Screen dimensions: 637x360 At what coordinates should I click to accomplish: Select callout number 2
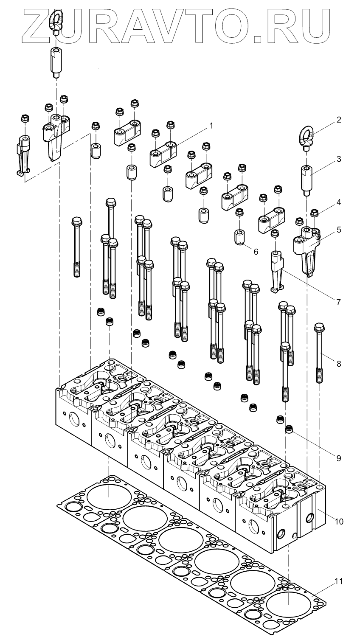[338, 120]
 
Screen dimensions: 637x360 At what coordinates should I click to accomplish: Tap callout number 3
[338, 159]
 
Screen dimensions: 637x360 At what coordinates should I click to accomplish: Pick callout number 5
[338, 230]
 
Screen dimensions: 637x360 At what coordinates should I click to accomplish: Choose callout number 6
[256, 251]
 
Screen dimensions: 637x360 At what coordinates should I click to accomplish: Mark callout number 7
[338, 302]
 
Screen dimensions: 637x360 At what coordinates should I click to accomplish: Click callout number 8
[338, 363]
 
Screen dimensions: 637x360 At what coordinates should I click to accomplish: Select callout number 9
[338, 458]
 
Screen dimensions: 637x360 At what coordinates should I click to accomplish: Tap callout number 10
[338, 520]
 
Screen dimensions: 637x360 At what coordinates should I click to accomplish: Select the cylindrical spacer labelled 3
[307, 180]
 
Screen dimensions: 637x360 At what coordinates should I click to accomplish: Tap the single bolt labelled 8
[319, 352]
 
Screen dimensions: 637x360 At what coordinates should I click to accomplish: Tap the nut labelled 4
[315, 213]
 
